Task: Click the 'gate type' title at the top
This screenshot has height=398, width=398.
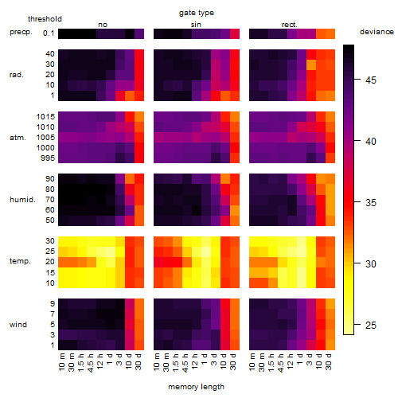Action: [x=197, y=13]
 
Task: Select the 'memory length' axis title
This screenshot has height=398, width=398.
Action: [x=197, y=387]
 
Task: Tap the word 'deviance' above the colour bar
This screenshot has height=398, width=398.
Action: [x=377, y=32]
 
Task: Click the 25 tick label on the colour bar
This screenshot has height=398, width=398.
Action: [x=371, y=325]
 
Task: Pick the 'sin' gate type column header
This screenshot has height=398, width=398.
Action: [x=196, y=25]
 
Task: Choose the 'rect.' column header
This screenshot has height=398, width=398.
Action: [x=290, y=25]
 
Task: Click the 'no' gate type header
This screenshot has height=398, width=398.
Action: [x=103, y=25]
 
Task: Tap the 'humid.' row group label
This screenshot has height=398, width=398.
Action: [x=22, y=200]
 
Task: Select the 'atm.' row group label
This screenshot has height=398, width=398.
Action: [x=18, y=138]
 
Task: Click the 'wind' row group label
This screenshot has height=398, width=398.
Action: [x=18, y=325]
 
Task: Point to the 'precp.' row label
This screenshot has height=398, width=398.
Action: [x=21, y=32]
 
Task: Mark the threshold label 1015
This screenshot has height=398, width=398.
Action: [x=45, y=116]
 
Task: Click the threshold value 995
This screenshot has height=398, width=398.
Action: [x=48, y=158]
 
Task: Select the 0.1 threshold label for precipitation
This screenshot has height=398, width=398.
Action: [x=49, y=33]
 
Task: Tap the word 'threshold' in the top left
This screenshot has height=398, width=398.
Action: [x=45, y=19]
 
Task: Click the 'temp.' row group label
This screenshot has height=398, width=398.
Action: [x=20, y=261]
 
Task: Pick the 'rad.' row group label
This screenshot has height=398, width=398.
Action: [x=17, y=75]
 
